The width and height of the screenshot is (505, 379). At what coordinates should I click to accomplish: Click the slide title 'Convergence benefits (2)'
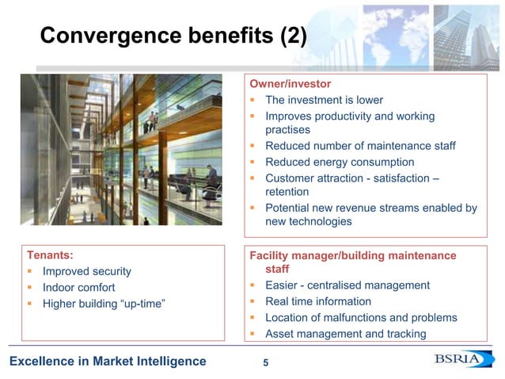coord(173,36)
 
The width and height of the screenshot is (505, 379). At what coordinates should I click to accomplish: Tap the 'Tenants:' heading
coord(50,255)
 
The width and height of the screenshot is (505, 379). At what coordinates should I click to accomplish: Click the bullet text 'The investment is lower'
coord(324,100)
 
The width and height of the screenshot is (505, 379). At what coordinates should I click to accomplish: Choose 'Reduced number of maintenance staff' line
coord(360,146)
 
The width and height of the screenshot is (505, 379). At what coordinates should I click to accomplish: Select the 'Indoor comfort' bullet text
coord(78,287)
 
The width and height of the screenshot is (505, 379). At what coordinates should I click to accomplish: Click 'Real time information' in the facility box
coord(318,301)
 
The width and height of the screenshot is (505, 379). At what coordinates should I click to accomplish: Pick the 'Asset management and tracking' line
coord(345,333)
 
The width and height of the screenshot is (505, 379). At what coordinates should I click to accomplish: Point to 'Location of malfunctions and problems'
coord(361,317)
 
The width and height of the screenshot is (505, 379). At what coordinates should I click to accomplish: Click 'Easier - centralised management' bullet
coord(347,285)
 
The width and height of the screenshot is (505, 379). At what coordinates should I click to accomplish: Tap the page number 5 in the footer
coord(265,363)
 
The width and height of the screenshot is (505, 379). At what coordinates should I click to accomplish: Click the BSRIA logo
coord(464,361)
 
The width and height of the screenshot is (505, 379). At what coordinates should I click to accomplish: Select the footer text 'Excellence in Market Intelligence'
coord(108,362)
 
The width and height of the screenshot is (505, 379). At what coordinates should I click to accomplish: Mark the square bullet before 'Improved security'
coord(29,271)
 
